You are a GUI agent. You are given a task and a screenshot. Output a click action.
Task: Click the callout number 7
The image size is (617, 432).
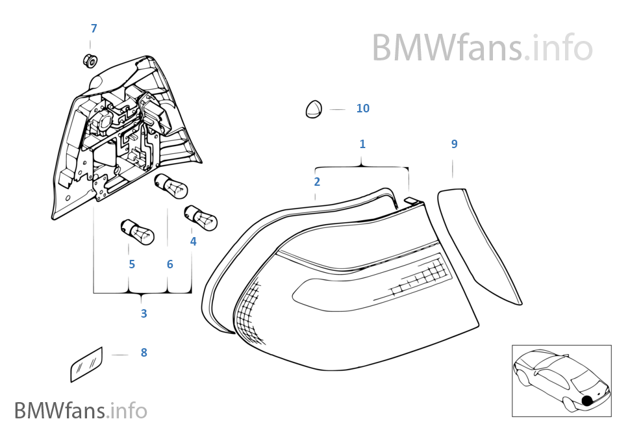pyautogui.click(x=94, y=29)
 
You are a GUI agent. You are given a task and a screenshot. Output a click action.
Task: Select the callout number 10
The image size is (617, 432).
pyautogui.click(x=362, y=108)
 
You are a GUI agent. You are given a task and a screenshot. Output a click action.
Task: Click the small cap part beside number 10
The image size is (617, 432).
pyautogui.click(x=314, y=109)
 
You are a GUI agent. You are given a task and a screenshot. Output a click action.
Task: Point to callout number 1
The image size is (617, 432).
pyautogui.click(x=362, y=144)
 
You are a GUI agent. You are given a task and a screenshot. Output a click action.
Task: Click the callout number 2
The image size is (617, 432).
pyautogui.click(x=317, y=182)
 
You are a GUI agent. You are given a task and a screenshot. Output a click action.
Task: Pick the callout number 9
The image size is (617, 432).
pyautogui.click(x=454, y=144)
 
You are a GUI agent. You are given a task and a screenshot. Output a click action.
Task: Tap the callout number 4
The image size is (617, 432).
pyautogui.click(x=193, y=242)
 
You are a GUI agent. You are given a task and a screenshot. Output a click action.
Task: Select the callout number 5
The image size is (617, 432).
pyautogui.click(x=132, y=264)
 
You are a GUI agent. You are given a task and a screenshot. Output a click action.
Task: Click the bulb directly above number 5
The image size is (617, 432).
pyautogui.click(x=137, y=231)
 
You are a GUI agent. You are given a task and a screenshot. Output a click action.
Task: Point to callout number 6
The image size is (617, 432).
pyautogui.click(x=170, y=264)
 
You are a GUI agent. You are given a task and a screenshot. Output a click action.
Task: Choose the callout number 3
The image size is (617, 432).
pyautogui.click(x=144, y=314)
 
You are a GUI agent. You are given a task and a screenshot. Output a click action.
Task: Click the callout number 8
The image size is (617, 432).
pyautogui.click(x=144, y=353)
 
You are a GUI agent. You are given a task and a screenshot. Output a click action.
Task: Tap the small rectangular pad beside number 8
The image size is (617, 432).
pyautogui.click(x=86, y=363)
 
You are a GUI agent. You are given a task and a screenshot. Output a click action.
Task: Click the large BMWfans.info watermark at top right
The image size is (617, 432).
pyautogui.click(x=482, y=47)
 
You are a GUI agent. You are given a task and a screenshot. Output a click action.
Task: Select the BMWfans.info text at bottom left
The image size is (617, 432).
pyautogui.click(x=81, y=411)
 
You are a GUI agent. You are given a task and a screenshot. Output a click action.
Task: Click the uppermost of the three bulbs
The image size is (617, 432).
pyautogui.click(x=171, y=186)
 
